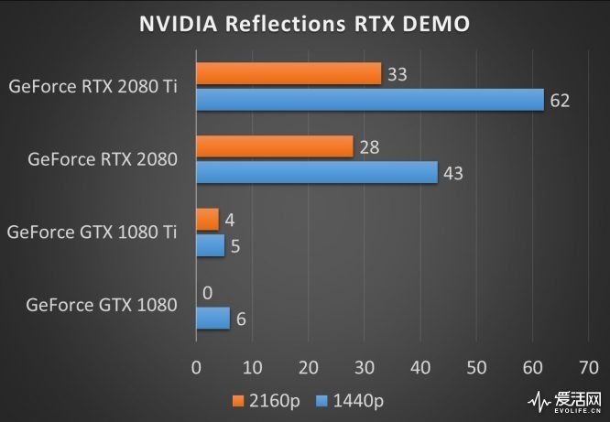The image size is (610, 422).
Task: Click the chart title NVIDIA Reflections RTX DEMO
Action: pyautogui.click(x=304, y=23)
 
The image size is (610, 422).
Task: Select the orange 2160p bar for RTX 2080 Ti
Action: pyautogui.click(x=289, y=73)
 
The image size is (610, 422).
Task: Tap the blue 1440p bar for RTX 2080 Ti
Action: pyautogui.click(x=370, y=100)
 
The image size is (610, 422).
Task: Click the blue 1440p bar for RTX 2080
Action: pyautogui.click(x=317, y=172)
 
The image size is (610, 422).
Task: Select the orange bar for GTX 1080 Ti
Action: pyautogui.click(x=207, y=220)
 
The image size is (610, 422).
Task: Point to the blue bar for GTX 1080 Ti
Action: pyautogui.click(x=210, y=245)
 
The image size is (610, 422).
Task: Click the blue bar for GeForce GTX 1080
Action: pyautogui.click(x=212, y=318)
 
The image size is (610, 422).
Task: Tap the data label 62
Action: pyautogui.click(x=560, y=101)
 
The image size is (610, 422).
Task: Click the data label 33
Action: pyautogui.click(x=397, y=74)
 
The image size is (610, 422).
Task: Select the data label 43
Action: pyautogui.click(x=453, y=173)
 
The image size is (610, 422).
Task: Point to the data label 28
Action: pyautogui.click(x=369, y=147)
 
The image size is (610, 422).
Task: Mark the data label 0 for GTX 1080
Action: pyautogui.click(x=208, y=293)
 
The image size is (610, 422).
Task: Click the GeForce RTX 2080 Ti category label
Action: pyautogui.click(x=93, y=87)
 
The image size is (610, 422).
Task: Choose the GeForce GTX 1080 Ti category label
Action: pyautogui.click(x=93, y=233)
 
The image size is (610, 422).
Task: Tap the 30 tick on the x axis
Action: pyautogui.click(x=364, y=368)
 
